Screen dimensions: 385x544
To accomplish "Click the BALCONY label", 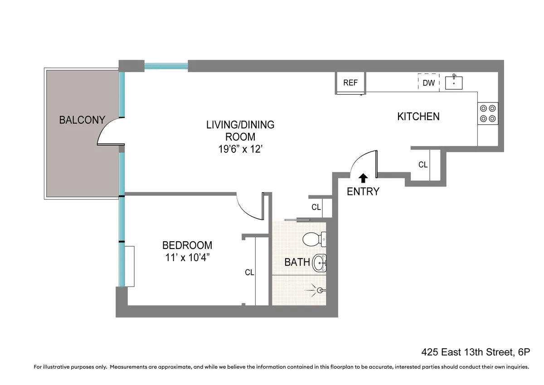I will tap(82, 120).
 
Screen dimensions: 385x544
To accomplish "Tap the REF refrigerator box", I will tap(350, 83).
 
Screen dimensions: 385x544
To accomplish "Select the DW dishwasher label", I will tap(428, 83).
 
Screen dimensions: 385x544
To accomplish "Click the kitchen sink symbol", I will tap(454, 83).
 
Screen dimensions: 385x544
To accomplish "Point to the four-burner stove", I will tap(487, 113).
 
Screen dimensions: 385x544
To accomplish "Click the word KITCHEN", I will tap(418, 117).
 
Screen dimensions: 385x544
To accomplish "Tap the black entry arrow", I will tap(363, 178).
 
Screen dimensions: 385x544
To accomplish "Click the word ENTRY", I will tap(363, 192).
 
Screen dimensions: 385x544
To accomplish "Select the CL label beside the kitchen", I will tap(423, 165).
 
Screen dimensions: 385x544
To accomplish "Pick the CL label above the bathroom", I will tap(316, 207).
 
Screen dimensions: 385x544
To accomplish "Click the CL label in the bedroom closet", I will tap(249, 273).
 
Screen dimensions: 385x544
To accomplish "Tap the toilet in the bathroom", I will tap(315, 238).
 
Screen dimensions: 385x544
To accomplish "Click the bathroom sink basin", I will tap(320, 262).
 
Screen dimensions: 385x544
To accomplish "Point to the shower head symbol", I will tap(319, 289).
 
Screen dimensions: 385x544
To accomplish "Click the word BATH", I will tap(297, 262).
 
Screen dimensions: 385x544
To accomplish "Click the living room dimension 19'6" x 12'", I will tap(240, 149).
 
